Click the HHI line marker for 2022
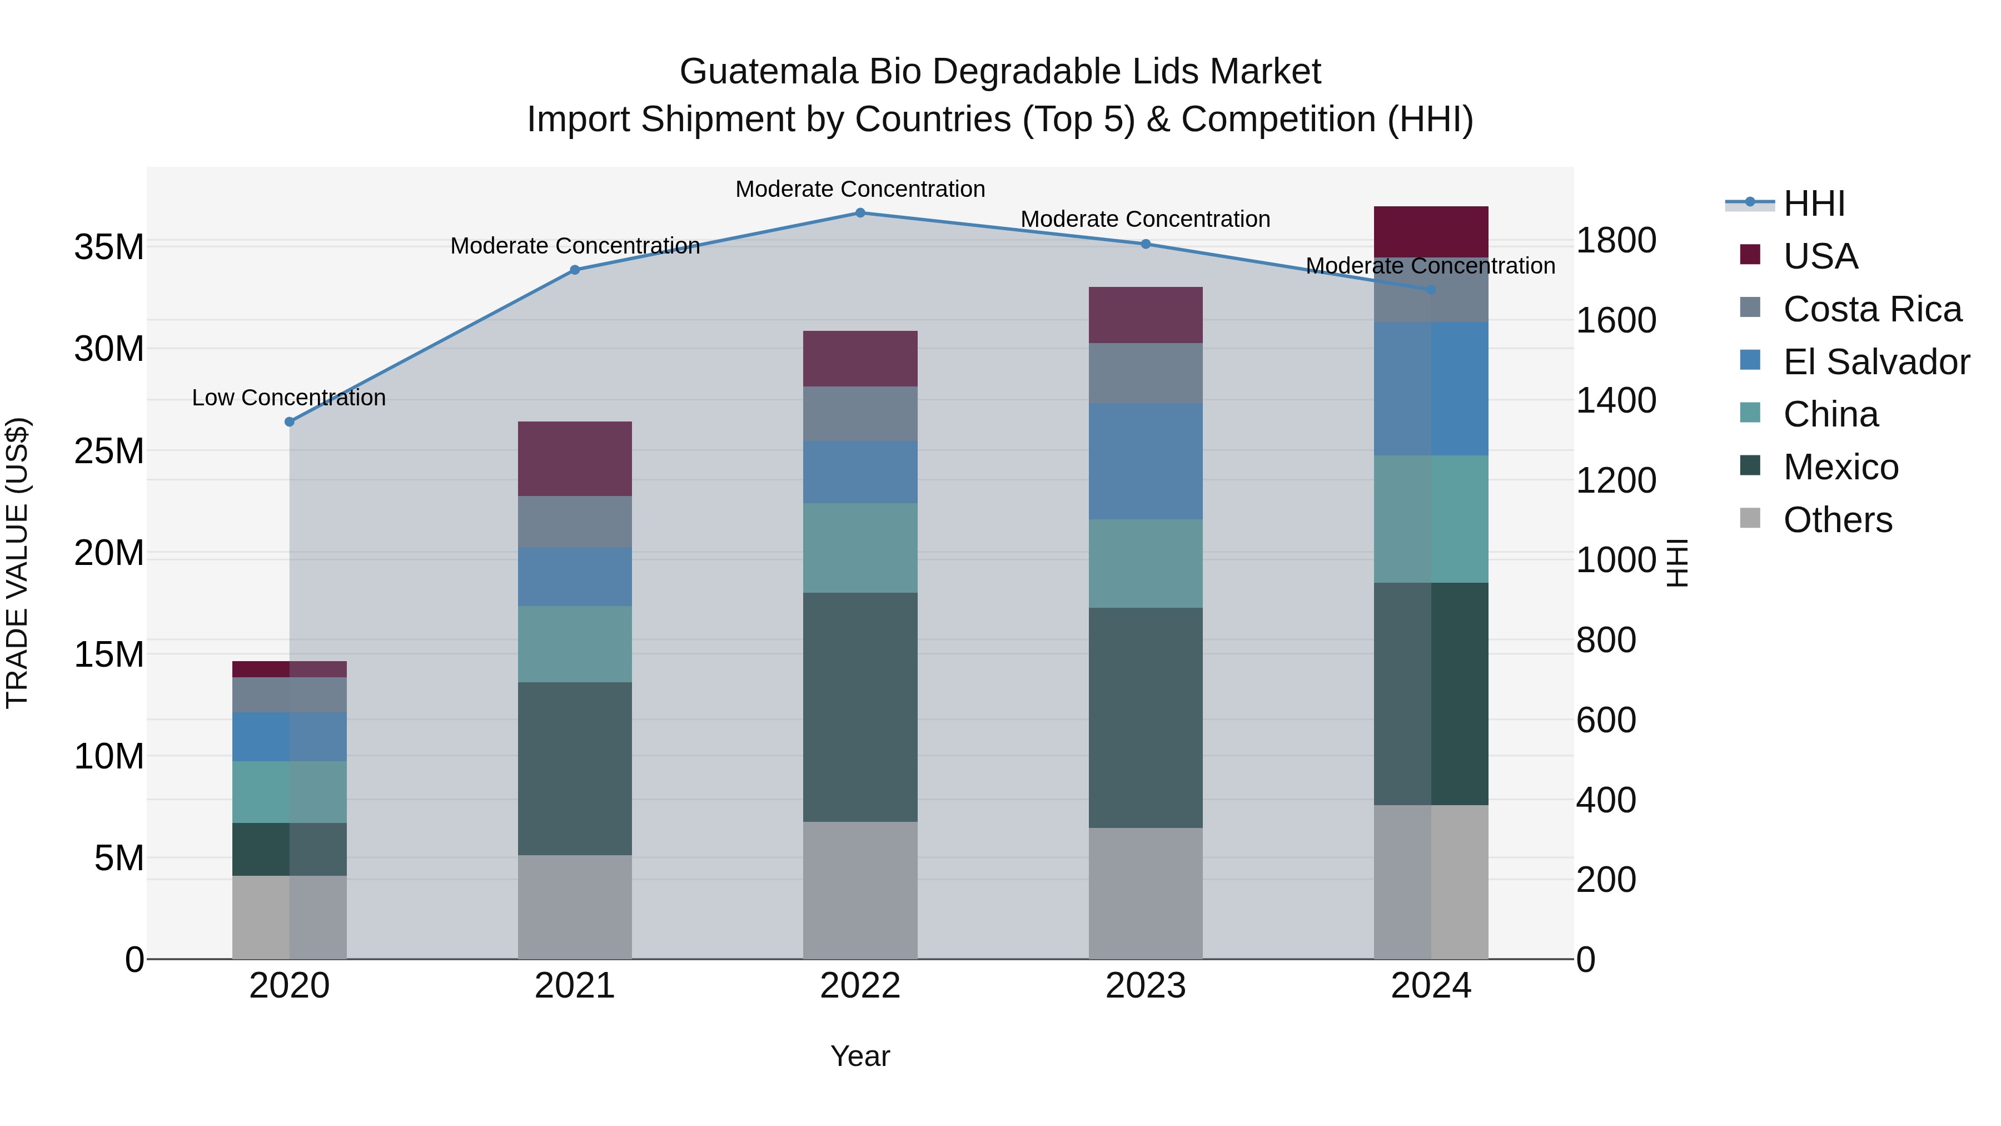point(860,212)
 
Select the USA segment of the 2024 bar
point(1431,231)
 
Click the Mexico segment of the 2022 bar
point(860,707)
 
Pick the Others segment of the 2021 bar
point(575,907)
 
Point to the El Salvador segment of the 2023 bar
point(1145,461)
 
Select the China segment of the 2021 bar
point(575,644)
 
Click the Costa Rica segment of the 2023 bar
point(1145,373)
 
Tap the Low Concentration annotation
point(289,398)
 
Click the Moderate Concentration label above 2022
point(860,189)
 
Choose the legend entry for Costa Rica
point(1872,309)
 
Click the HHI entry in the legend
point(1813,204)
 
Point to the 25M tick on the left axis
point(109,451)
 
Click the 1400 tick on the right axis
point(1616,400)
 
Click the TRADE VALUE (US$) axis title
point(17,563)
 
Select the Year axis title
point(860,1056)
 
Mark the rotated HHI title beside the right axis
point(1678,563)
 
